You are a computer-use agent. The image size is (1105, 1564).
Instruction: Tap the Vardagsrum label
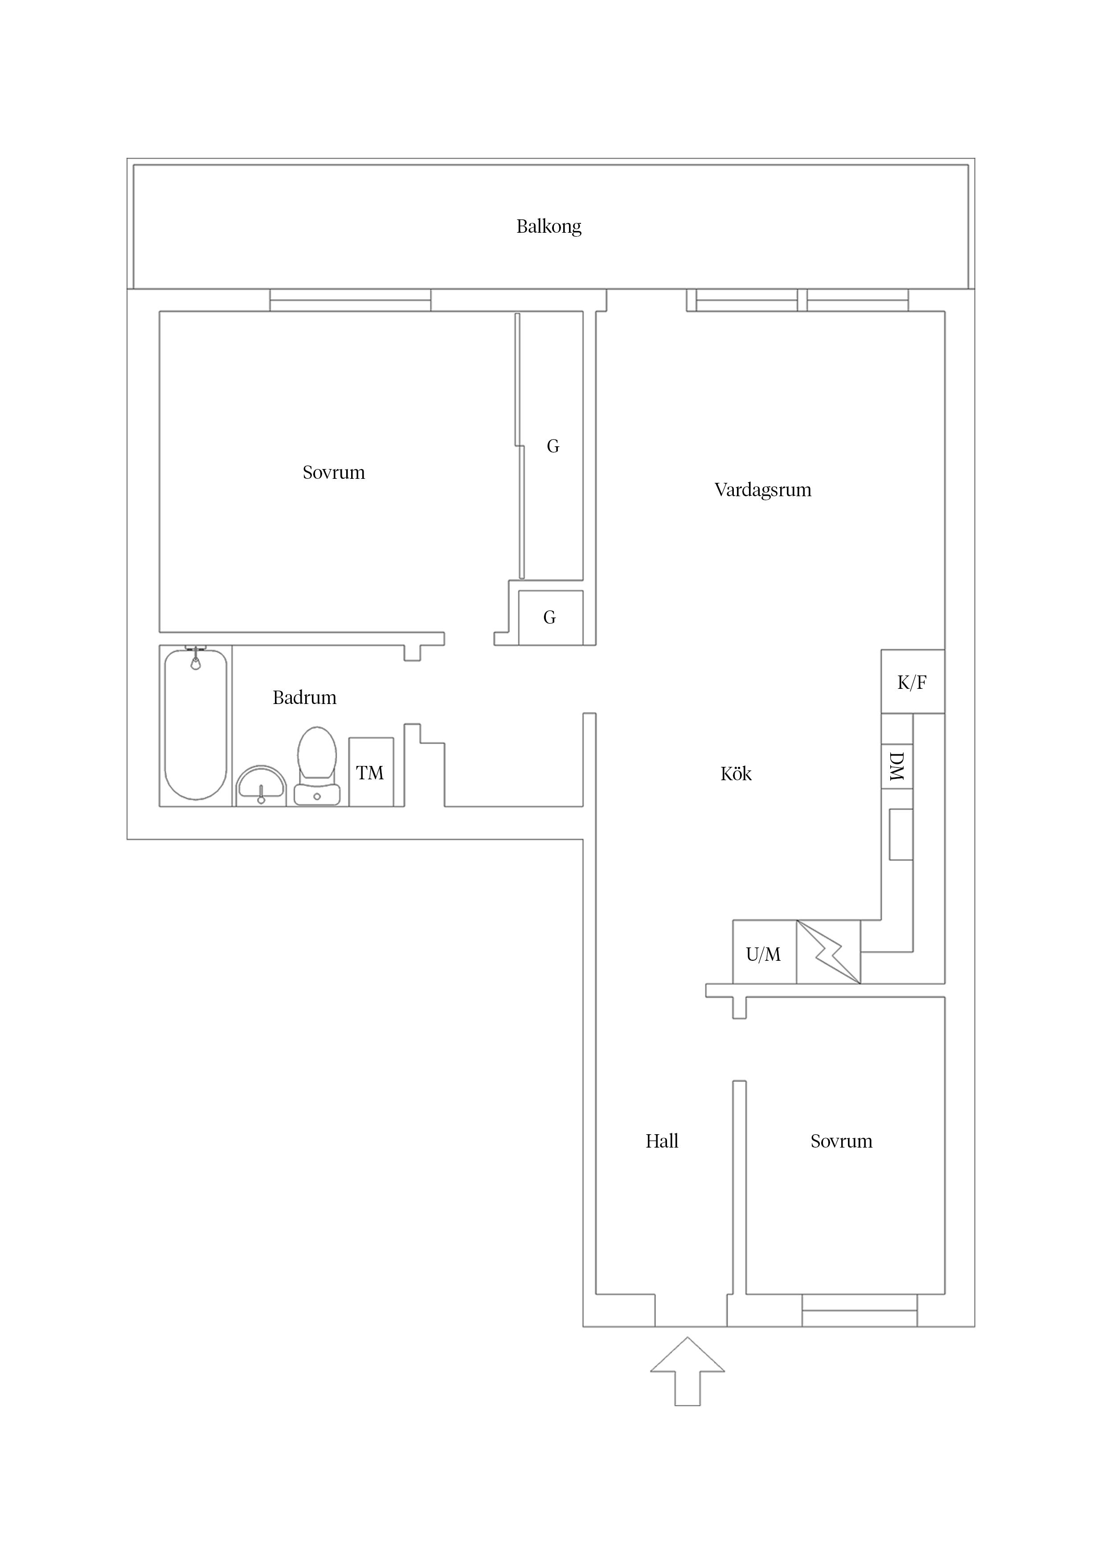[762, 490]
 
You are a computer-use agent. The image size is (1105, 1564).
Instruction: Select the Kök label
[736, 774]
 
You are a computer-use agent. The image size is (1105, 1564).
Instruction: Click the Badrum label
[304, 698]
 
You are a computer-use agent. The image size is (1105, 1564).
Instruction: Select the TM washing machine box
[371, 772]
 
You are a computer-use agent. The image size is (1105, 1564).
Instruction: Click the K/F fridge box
[913, 681]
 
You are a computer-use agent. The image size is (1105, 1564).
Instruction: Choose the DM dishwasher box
[896, 766]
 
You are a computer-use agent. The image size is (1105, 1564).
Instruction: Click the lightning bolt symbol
[829, 952]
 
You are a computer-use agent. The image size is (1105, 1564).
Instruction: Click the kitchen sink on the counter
[901, 835]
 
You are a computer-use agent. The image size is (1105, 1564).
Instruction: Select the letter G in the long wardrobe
[553, 446]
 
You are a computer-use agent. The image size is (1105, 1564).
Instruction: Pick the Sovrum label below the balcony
[334, 473]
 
